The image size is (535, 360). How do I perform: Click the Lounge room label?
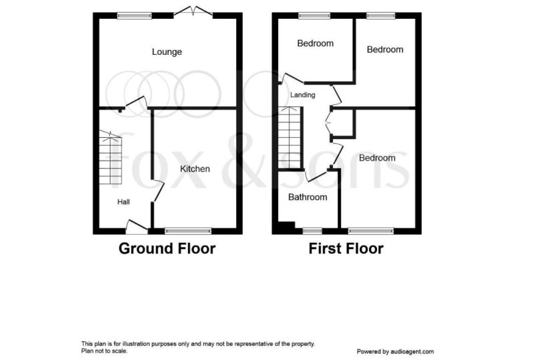coord(167,52)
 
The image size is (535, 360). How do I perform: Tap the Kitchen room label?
coord(195,169)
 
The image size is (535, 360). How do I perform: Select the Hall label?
coord(124,201)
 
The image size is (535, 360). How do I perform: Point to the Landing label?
coord(302,95)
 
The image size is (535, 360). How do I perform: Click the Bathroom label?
coord(308,197)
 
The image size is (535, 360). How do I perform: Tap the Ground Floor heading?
coord(167,249)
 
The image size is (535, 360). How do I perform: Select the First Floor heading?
coord(346,249)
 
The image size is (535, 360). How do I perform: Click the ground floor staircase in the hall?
coord(109,159)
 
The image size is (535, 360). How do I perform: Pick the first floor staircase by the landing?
coord(290,141)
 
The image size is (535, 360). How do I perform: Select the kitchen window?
coord(188,231)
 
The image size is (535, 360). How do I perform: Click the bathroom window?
coord(312,231)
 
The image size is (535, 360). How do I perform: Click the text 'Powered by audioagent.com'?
coord(395,351)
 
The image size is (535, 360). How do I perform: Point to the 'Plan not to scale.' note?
coord(104,351)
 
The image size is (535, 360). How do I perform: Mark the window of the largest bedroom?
coord(370,231)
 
